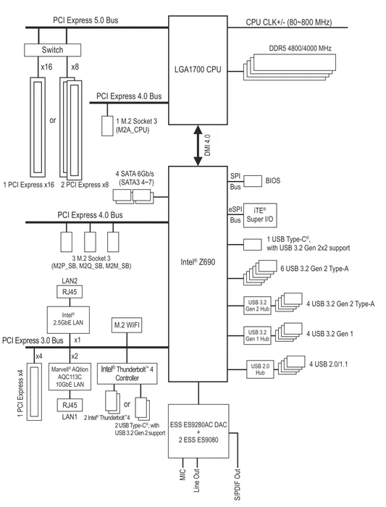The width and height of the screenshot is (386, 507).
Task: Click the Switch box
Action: pyautogui.click(x=52, y=50)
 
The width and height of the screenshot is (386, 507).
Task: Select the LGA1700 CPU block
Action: pyautogui.click(x=198, y=70)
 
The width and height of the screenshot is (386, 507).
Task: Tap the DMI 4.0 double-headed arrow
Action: pyautogui.click(x=198, y=146)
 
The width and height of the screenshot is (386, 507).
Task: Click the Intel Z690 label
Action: pyautogui.click(x=198, y=262)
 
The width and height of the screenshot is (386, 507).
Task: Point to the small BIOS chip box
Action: pyautogui.click(x=253, y=181)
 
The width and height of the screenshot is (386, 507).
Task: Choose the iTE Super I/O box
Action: pyautogui.click(x=260, y=215)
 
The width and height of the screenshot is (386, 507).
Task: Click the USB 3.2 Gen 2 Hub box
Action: pyautogui.click(x=257, y=306)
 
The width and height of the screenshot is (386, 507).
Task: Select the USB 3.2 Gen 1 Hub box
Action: pyautogui.click(x=257, y=335)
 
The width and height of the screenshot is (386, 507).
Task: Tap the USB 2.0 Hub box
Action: pyautogui.click(x=260, y=369)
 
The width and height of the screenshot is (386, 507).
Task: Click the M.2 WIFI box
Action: pyautogui.click(x=127, y=325)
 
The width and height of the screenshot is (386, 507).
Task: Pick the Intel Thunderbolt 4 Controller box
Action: pyautogui.click(x=127, y=374)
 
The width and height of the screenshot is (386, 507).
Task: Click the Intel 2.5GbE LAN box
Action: pyautogui.click(x=68, y=320)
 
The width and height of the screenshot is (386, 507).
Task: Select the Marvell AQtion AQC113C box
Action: pyautogui.click(x=70, y=377)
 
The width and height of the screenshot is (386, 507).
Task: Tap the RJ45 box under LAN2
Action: pyautogui.click(x=70, y=292)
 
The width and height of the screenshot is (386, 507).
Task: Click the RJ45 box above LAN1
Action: pyautogui.click(x=70, y=405)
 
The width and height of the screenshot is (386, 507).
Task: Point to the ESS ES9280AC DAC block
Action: pyautogui.click(x=198, y=431)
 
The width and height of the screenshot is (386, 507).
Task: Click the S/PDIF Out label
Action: pyautogui.click(x=238, y=485)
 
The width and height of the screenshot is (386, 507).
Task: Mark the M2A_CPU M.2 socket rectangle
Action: pyautogui.click(x=107, y=126)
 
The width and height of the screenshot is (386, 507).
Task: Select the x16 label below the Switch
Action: pyautogui.click(x=46, y=67)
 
